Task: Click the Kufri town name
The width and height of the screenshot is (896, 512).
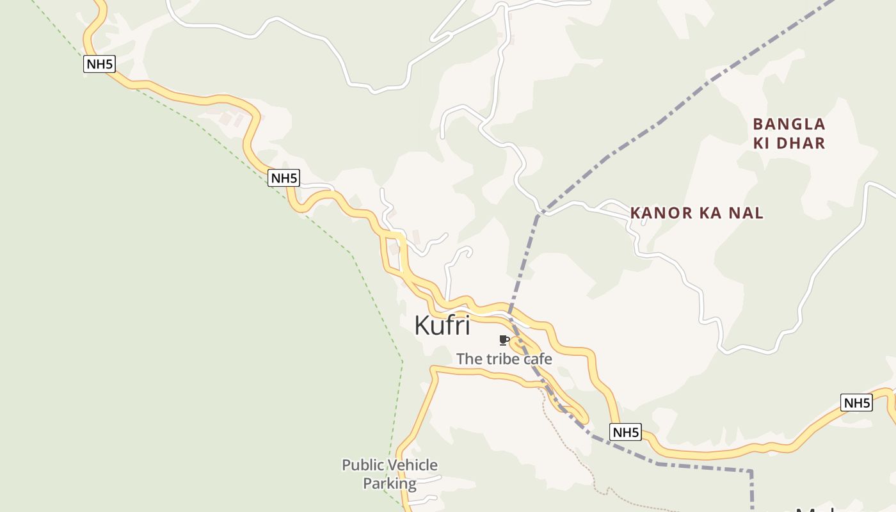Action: click(442, 325)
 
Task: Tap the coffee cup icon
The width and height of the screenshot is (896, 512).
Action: click(504, 340)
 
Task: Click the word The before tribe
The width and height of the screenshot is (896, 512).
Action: click(469, 358)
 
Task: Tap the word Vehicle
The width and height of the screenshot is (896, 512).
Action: click(412, 465)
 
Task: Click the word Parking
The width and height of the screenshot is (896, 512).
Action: click(390, 483)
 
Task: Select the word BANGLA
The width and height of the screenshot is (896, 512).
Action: click(789, 124)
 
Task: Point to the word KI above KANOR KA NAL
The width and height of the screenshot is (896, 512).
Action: click(762, 143)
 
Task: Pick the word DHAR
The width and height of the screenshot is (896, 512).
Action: click(801, 143)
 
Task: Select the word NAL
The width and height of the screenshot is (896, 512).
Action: click(747, 213)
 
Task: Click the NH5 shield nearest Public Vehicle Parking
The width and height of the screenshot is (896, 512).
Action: click(625, 432)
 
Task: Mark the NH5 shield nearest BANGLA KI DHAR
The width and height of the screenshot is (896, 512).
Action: click(856, 403)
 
